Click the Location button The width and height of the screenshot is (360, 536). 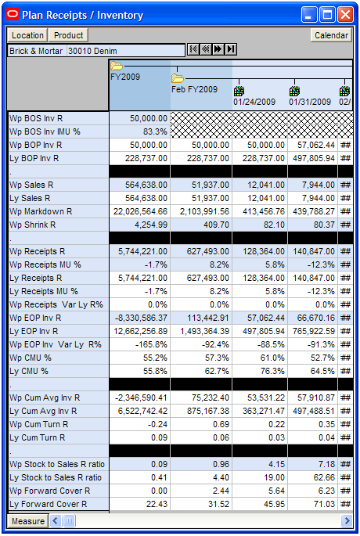point(27,35)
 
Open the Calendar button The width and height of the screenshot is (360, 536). point(331,35)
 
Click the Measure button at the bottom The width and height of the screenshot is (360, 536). point(28,521)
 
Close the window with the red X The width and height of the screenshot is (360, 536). point(345,15)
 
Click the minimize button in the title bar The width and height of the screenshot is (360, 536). point(309,15)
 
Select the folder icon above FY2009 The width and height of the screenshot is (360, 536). point(117,66)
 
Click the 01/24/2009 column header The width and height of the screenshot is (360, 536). point(254,102)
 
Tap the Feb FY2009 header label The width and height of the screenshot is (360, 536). point(194,89)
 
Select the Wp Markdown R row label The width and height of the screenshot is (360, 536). point(41,211)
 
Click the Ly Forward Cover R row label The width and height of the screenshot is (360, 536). point(49,504)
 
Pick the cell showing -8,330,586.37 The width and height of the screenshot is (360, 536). point(140,318)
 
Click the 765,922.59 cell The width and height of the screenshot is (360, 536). point(312,331)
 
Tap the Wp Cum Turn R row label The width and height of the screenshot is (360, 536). point(39,424)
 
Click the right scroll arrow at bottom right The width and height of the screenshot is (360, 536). point(347,521)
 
